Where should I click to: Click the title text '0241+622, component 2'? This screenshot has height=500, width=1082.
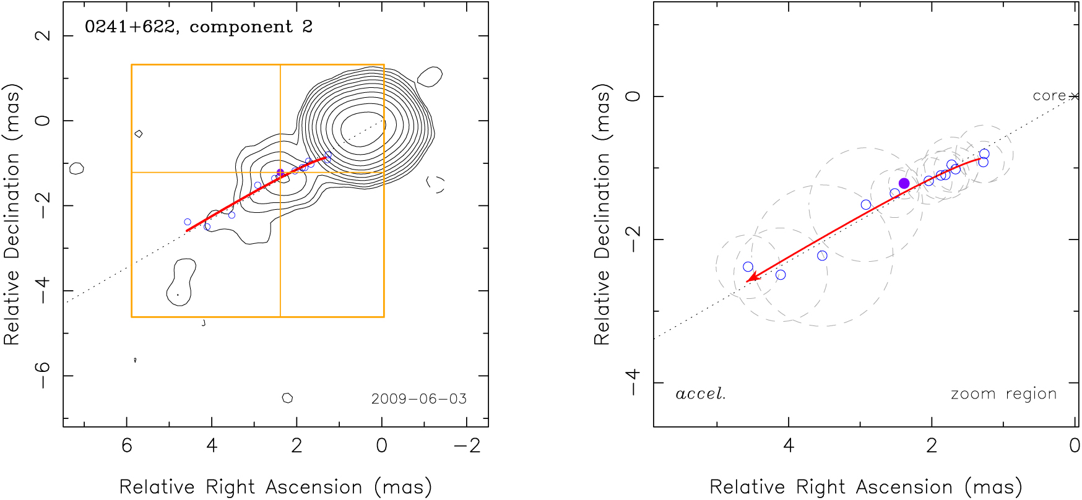coord(198,27)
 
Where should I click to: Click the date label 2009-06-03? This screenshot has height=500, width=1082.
coord(419,399)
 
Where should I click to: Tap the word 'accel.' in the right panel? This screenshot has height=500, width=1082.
coord(700,394)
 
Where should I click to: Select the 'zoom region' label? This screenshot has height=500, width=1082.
coord(1003,394)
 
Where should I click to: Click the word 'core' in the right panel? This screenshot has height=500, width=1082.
coord(1049,96)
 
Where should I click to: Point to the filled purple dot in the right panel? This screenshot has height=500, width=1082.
coord(904,183)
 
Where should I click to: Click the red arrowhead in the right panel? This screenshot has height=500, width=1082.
coord(750,279)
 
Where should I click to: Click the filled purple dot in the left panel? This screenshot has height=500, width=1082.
coord(280,173)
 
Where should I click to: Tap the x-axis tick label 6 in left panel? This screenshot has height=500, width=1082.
coord(127,446)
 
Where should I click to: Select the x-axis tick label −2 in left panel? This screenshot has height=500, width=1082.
coord(471,446)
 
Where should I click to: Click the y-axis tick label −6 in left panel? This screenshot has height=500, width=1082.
coord(43,375)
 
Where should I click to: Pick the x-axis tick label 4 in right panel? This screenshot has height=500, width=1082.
coord(788,446)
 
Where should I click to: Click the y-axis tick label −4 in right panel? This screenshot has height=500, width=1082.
coord(633,382)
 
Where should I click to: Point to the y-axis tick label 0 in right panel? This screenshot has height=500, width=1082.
coord(633,97)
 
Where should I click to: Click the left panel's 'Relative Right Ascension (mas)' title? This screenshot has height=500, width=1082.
coord(275,487)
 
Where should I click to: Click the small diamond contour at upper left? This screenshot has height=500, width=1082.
coord(139,134)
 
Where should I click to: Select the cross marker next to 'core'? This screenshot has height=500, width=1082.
coord(1075,97)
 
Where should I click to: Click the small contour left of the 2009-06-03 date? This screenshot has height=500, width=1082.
coord(287,398)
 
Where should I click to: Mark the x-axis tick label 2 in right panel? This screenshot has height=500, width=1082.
coord(931,446)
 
